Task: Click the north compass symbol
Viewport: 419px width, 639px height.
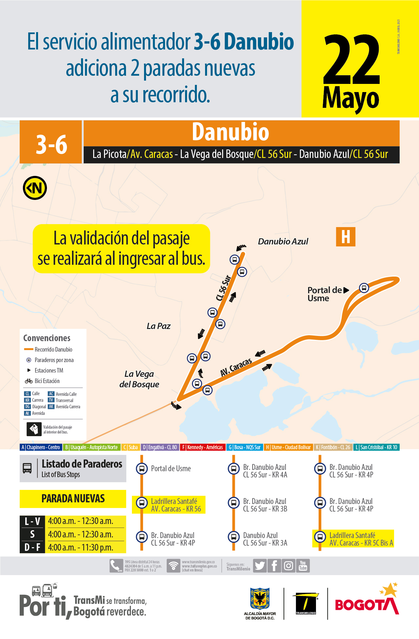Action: tap(35, 188)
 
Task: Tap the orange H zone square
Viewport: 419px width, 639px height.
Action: tap(346, 237)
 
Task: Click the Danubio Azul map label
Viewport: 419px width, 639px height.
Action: tap(283, 242)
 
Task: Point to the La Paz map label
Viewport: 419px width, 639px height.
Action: tap(158, 326)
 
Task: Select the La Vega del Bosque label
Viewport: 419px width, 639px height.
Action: tap(139, 379)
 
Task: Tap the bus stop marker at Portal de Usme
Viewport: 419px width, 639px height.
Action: tap(364, 288)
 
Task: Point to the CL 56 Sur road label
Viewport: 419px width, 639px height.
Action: tap(223, 288)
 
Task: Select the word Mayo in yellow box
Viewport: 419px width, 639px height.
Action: tap(350, 99)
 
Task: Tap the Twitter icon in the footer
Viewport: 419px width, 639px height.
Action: tap(260, 566)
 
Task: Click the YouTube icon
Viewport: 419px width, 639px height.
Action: tap(303, 566)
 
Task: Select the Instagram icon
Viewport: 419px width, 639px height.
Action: tap(288, 566)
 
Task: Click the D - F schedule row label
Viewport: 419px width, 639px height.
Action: tap(32, 547)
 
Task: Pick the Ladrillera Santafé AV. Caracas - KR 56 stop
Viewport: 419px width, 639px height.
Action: tap(176, 505)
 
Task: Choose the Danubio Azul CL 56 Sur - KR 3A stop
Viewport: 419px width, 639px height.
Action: tap(265, 539)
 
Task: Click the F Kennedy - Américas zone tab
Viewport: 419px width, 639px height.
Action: tap(202, 447)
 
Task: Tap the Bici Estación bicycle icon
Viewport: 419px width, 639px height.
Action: tap(29, 381)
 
